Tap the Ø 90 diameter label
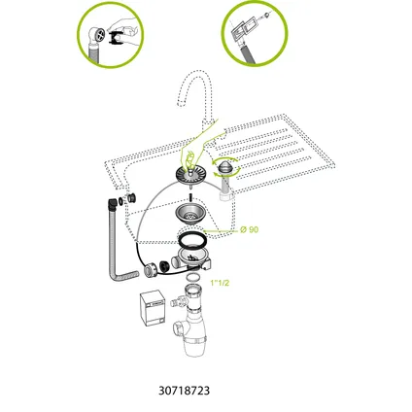coord(249,229)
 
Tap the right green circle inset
coord(254,32)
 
